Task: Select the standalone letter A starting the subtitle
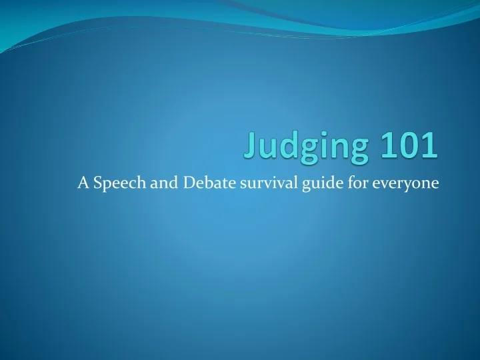[x=83, y=184]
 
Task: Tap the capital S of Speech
[x=97, y=184]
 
